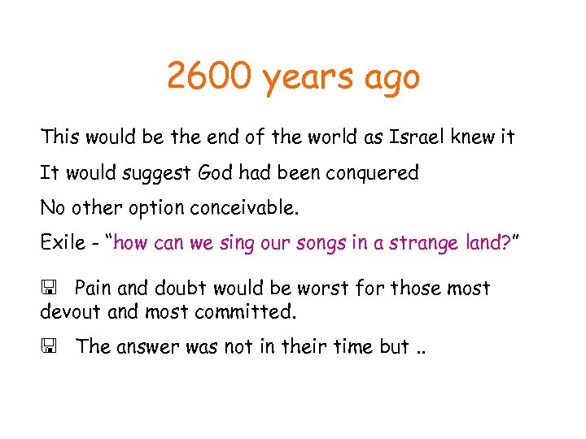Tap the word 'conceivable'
(244, 207)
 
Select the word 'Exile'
(59, 243)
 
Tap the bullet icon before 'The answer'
(48, 347)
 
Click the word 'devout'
(68, 311)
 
